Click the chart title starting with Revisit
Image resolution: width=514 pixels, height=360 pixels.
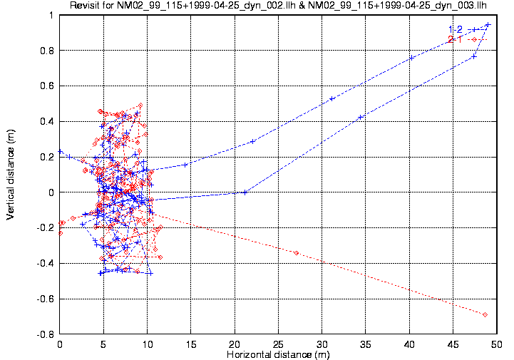pos(278,6)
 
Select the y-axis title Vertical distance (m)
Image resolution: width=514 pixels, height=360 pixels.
pos(11,175)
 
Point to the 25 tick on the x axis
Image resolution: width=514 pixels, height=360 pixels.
pos(278,344)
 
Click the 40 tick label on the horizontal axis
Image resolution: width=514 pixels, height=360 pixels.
pos(409,344)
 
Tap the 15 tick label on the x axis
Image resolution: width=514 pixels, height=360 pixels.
pos(190,344)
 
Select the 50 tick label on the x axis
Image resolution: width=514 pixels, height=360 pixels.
pos(496,344)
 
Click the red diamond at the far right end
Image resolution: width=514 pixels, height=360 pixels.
pos(485,314)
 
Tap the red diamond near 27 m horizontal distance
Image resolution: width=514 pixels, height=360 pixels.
pos(297,253)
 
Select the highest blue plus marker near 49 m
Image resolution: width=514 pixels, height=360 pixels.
pos(488,25)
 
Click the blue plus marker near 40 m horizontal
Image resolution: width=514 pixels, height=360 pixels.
pos(411,58)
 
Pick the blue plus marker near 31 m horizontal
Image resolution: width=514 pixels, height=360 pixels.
pos(332,98)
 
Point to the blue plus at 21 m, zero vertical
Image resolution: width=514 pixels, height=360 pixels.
pos(245,192)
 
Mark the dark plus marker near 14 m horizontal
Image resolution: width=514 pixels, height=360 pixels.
pos(185,165)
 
